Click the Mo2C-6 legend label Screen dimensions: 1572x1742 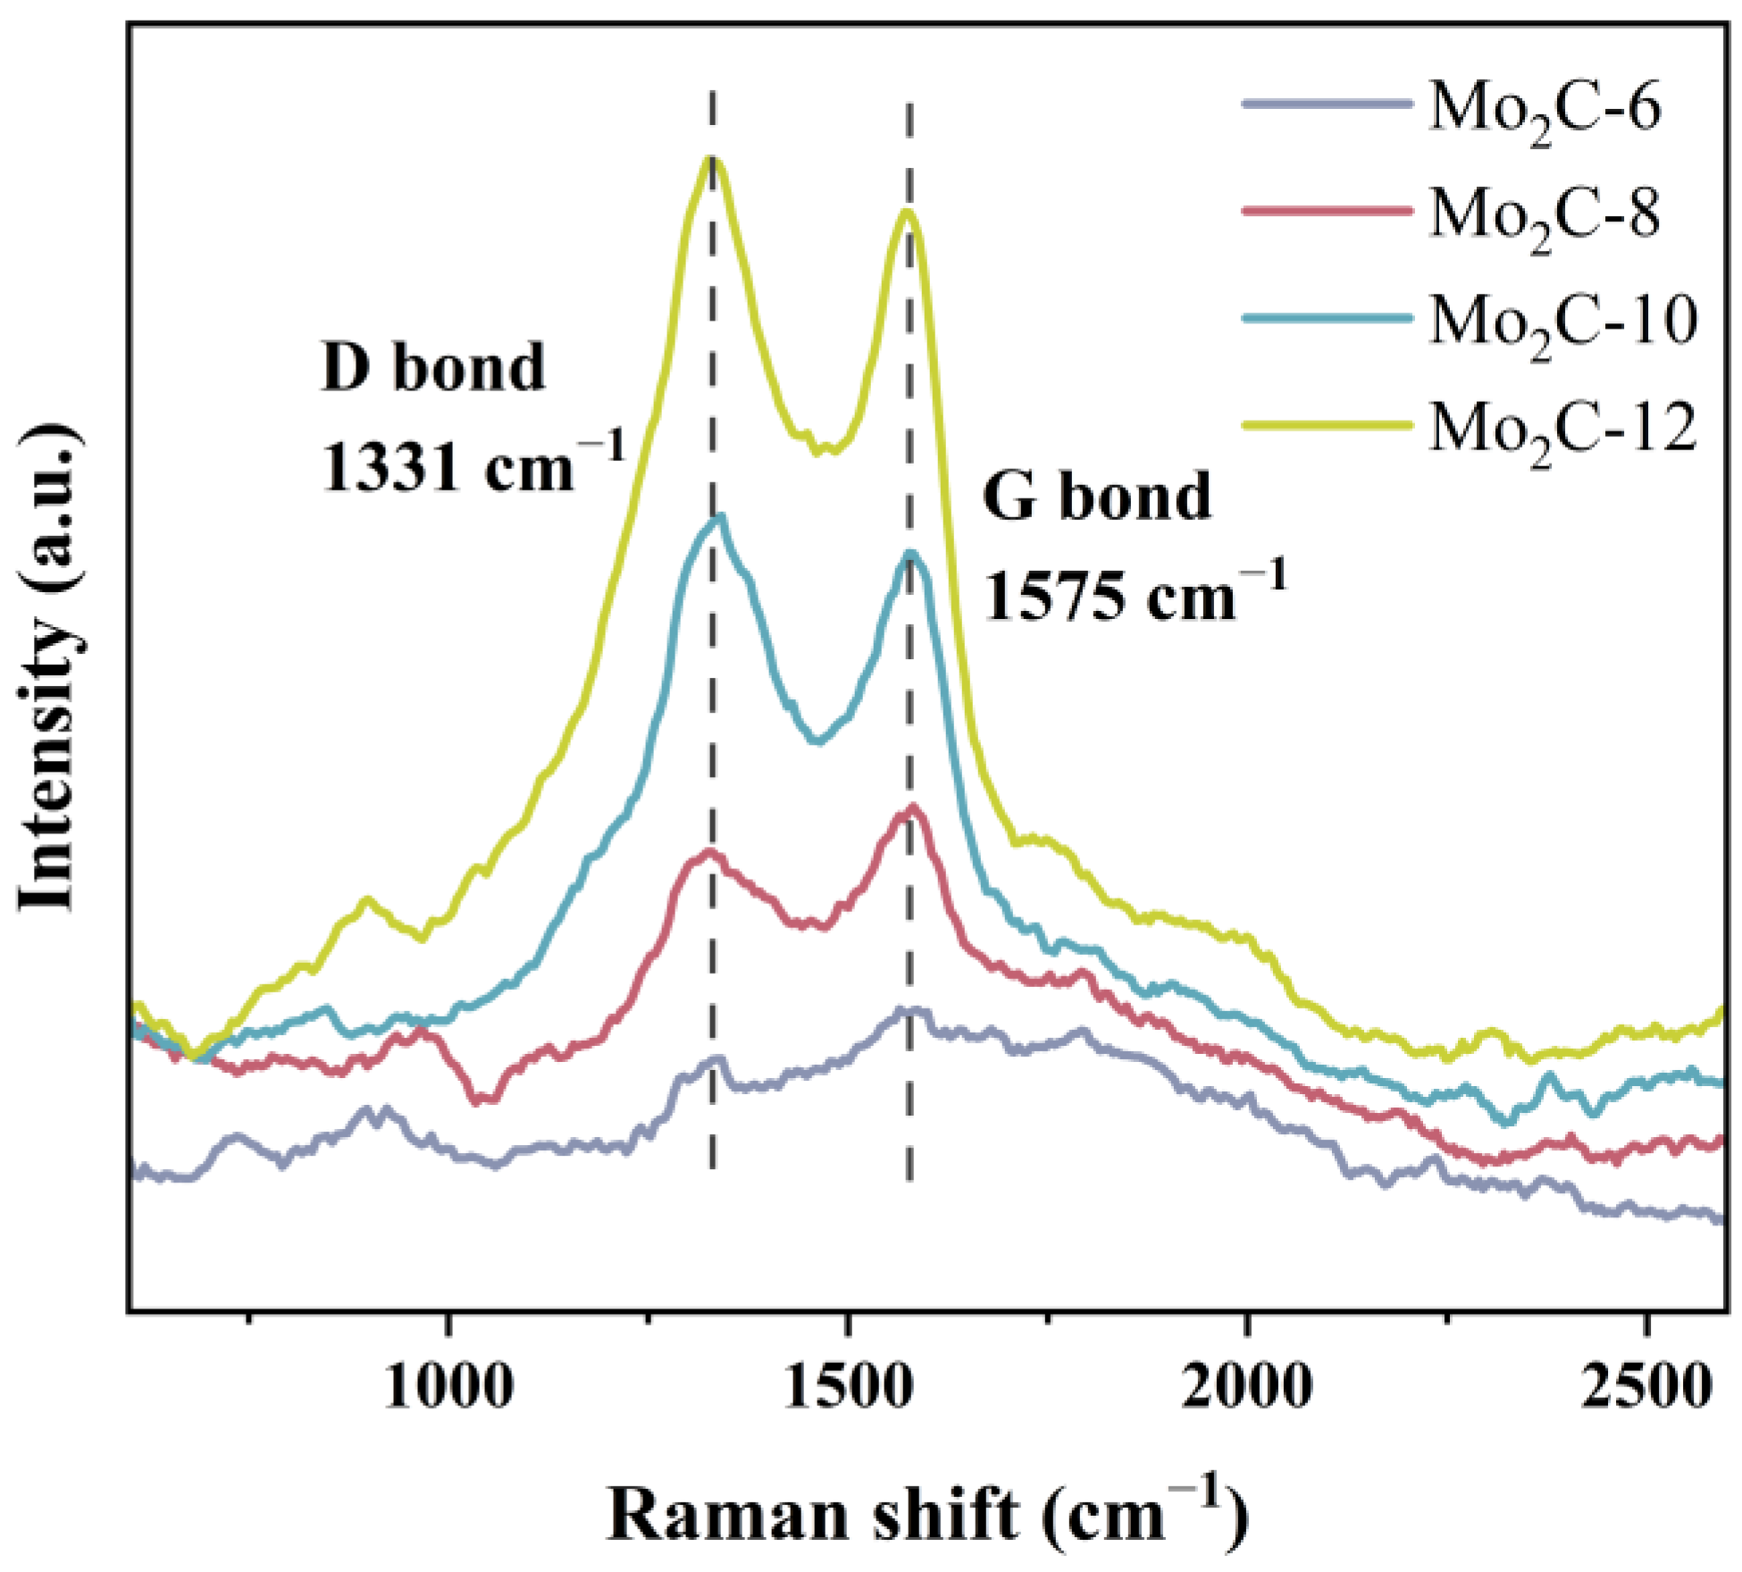(x=1544, y=108)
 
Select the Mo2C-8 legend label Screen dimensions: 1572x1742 (x=1544, y=215)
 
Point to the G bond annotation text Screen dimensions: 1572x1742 (x=1096, y=497)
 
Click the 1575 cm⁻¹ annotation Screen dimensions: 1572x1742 (x=1135, y=594)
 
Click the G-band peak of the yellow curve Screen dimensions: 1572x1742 (x=908, y=213)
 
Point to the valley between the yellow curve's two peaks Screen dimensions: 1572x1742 (x=817, y=451)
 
